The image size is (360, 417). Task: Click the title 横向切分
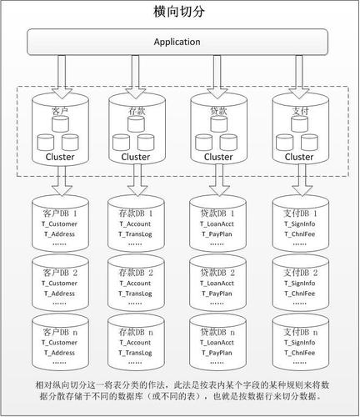point(179,12)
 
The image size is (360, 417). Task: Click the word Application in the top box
point(177,42)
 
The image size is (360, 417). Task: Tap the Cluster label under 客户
point(60,157)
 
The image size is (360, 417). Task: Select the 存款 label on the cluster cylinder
point(137,111)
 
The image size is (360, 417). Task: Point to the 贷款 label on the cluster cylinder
point(218,111)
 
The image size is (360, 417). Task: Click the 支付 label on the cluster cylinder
point(300,111)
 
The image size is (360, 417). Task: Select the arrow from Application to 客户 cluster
point(62,77)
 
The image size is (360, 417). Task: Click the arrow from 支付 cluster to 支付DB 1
point(302,179)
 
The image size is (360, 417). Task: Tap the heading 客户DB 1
point(60,214)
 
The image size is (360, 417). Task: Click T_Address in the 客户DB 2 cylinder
point(59,294)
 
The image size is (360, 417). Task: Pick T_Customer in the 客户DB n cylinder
point(59,343)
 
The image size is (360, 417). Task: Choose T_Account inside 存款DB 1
point(135,224)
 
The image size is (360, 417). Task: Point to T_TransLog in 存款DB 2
point(135,294)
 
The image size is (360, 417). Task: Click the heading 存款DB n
point(136,332)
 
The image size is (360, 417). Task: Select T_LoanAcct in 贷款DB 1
point(217,224)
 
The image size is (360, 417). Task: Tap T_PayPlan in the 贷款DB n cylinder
point(217,353)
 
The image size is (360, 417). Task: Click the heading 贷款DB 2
point(217,273)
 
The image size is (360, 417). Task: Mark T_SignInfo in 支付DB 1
point(300,224)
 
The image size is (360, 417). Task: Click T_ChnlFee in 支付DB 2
point(300,294)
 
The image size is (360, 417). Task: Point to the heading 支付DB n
point(301,332)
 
